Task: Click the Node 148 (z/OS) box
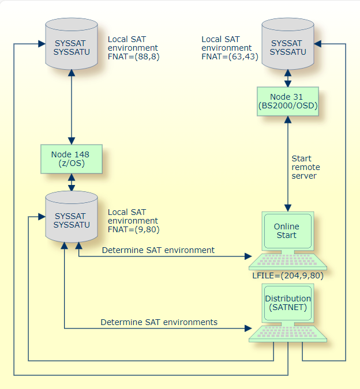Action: pos(71,158)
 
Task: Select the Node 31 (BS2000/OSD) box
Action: pos(287,100)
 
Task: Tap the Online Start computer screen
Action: pos(287,231)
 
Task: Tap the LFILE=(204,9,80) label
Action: pos(287,275)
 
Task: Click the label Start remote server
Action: pos(305,167)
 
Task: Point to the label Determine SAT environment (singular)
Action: pos(158,250)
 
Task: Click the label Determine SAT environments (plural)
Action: pos(159,322)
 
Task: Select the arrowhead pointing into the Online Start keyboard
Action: pos(249,257)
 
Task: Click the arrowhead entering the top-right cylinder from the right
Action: pos(318,44)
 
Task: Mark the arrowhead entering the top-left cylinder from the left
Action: pos(41,44)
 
